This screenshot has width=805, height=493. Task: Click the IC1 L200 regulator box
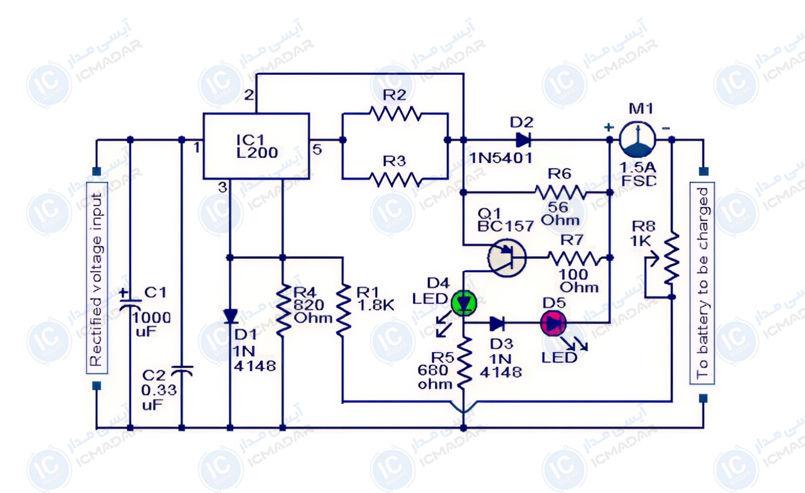[256, 146]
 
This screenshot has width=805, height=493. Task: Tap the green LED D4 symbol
[464, 303]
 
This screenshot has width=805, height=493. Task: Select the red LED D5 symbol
[553, 323]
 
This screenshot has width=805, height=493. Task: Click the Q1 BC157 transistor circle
[507, 258]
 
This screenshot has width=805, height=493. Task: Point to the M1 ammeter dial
[637, 140]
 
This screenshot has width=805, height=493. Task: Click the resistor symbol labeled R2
[396, 114]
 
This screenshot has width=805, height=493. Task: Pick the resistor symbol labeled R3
[396, 179]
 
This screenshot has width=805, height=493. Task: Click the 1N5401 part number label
[501, 158]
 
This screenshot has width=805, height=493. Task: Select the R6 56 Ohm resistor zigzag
[561, 192]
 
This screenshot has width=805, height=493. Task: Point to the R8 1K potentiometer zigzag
[671, 258]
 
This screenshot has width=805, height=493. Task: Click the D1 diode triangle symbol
[230, 316]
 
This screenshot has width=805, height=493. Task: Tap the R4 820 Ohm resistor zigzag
[283, 310]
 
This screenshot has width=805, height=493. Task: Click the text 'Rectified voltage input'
[96, 279]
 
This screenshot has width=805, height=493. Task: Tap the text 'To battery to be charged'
[702, 283]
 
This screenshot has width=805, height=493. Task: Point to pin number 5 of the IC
[317, 149]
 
